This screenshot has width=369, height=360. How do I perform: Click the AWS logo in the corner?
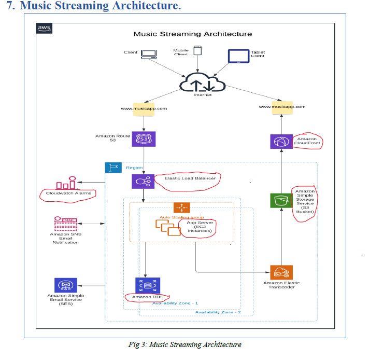(44, 28)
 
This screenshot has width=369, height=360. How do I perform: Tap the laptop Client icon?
(149, 53)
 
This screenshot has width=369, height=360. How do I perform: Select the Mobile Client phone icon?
(197, 51)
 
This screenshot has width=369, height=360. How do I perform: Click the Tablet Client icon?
(239, 55)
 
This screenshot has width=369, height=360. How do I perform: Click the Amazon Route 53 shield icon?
(144, 139)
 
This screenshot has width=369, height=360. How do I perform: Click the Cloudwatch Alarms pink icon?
(65, 183)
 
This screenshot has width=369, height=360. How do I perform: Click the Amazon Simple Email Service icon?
(65, 285)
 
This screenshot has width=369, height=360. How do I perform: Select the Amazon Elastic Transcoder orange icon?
(281, 273)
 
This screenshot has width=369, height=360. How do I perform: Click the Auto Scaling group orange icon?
(181, 208)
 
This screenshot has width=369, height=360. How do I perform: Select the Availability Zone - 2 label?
(218, 312)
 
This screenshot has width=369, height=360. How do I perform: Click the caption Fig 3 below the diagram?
(185, 344)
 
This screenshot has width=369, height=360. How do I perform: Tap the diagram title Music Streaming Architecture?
(193, 34)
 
